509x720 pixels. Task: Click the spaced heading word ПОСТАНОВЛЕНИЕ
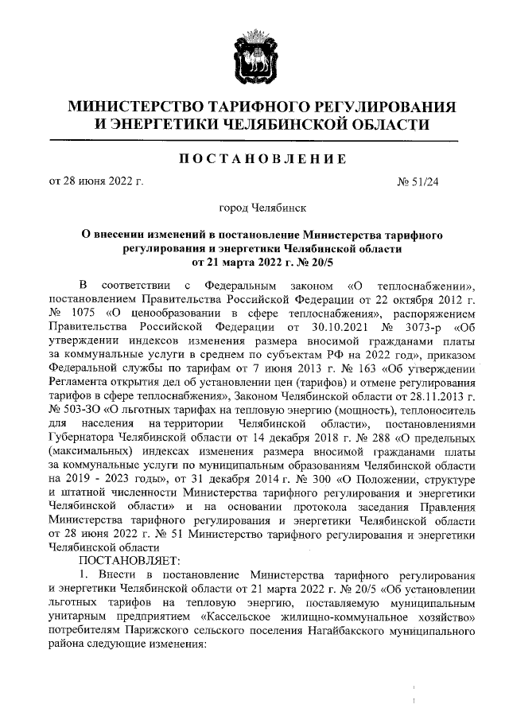pos(254,159)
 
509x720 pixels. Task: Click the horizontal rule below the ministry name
pos(254,141)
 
